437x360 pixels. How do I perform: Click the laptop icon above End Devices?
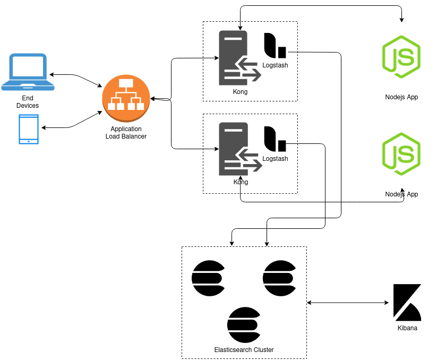[x=27, y=72]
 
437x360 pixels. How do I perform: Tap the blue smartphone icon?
[x=29, y=129]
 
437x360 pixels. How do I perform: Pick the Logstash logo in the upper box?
[x=275, y=46]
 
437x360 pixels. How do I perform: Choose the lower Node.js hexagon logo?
[x=401, y=154]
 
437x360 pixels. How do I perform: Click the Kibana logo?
[x=407, y=303]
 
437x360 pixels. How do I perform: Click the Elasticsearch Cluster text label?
[x=244, y=349]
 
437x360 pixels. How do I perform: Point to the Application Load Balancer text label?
[x=126, y=133]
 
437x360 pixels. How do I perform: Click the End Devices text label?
[x=28, y=102]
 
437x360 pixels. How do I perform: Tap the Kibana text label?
[x=407, y=328]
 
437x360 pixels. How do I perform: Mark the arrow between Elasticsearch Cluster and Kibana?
[x=348, y=303]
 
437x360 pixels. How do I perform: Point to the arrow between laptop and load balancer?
[x=75, y=79]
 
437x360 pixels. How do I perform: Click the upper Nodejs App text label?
[x=401, y=97]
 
